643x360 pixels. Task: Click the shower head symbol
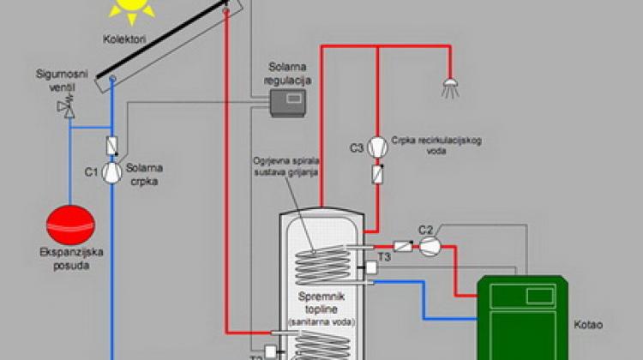[448, 86]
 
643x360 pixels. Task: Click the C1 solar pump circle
[113, 172]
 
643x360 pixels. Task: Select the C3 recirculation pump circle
[376, 147]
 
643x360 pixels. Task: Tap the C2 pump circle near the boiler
[431, 245]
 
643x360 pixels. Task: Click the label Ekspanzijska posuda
[70, 261]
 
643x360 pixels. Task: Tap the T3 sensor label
[385, 256]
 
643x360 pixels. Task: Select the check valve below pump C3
[376, 174]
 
